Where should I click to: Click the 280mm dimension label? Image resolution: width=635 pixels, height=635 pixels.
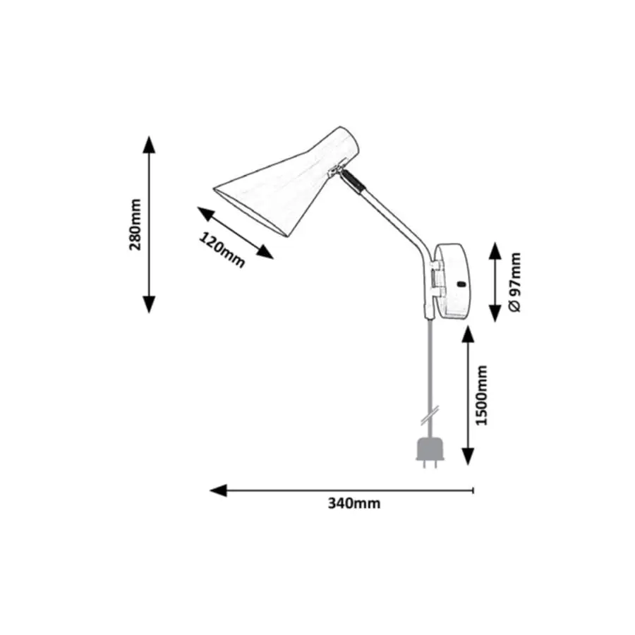click(136, 224)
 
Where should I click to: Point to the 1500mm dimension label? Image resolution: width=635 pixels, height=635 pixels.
click(482, 395)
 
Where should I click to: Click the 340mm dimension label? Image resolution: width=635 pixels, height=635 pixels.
click(353, 503)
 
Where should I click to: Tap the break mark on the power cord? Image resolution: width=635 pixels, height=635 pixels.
click(428, 413)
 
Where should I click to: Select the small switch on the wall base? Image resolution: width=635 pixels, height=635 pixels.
click(461, 284)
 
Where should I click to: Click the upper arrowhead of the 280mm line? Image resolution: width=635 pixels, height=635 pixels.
click(148, 143)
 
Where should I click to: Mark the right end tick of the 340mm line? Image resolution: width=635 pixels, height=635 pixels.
click(473, 490)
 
